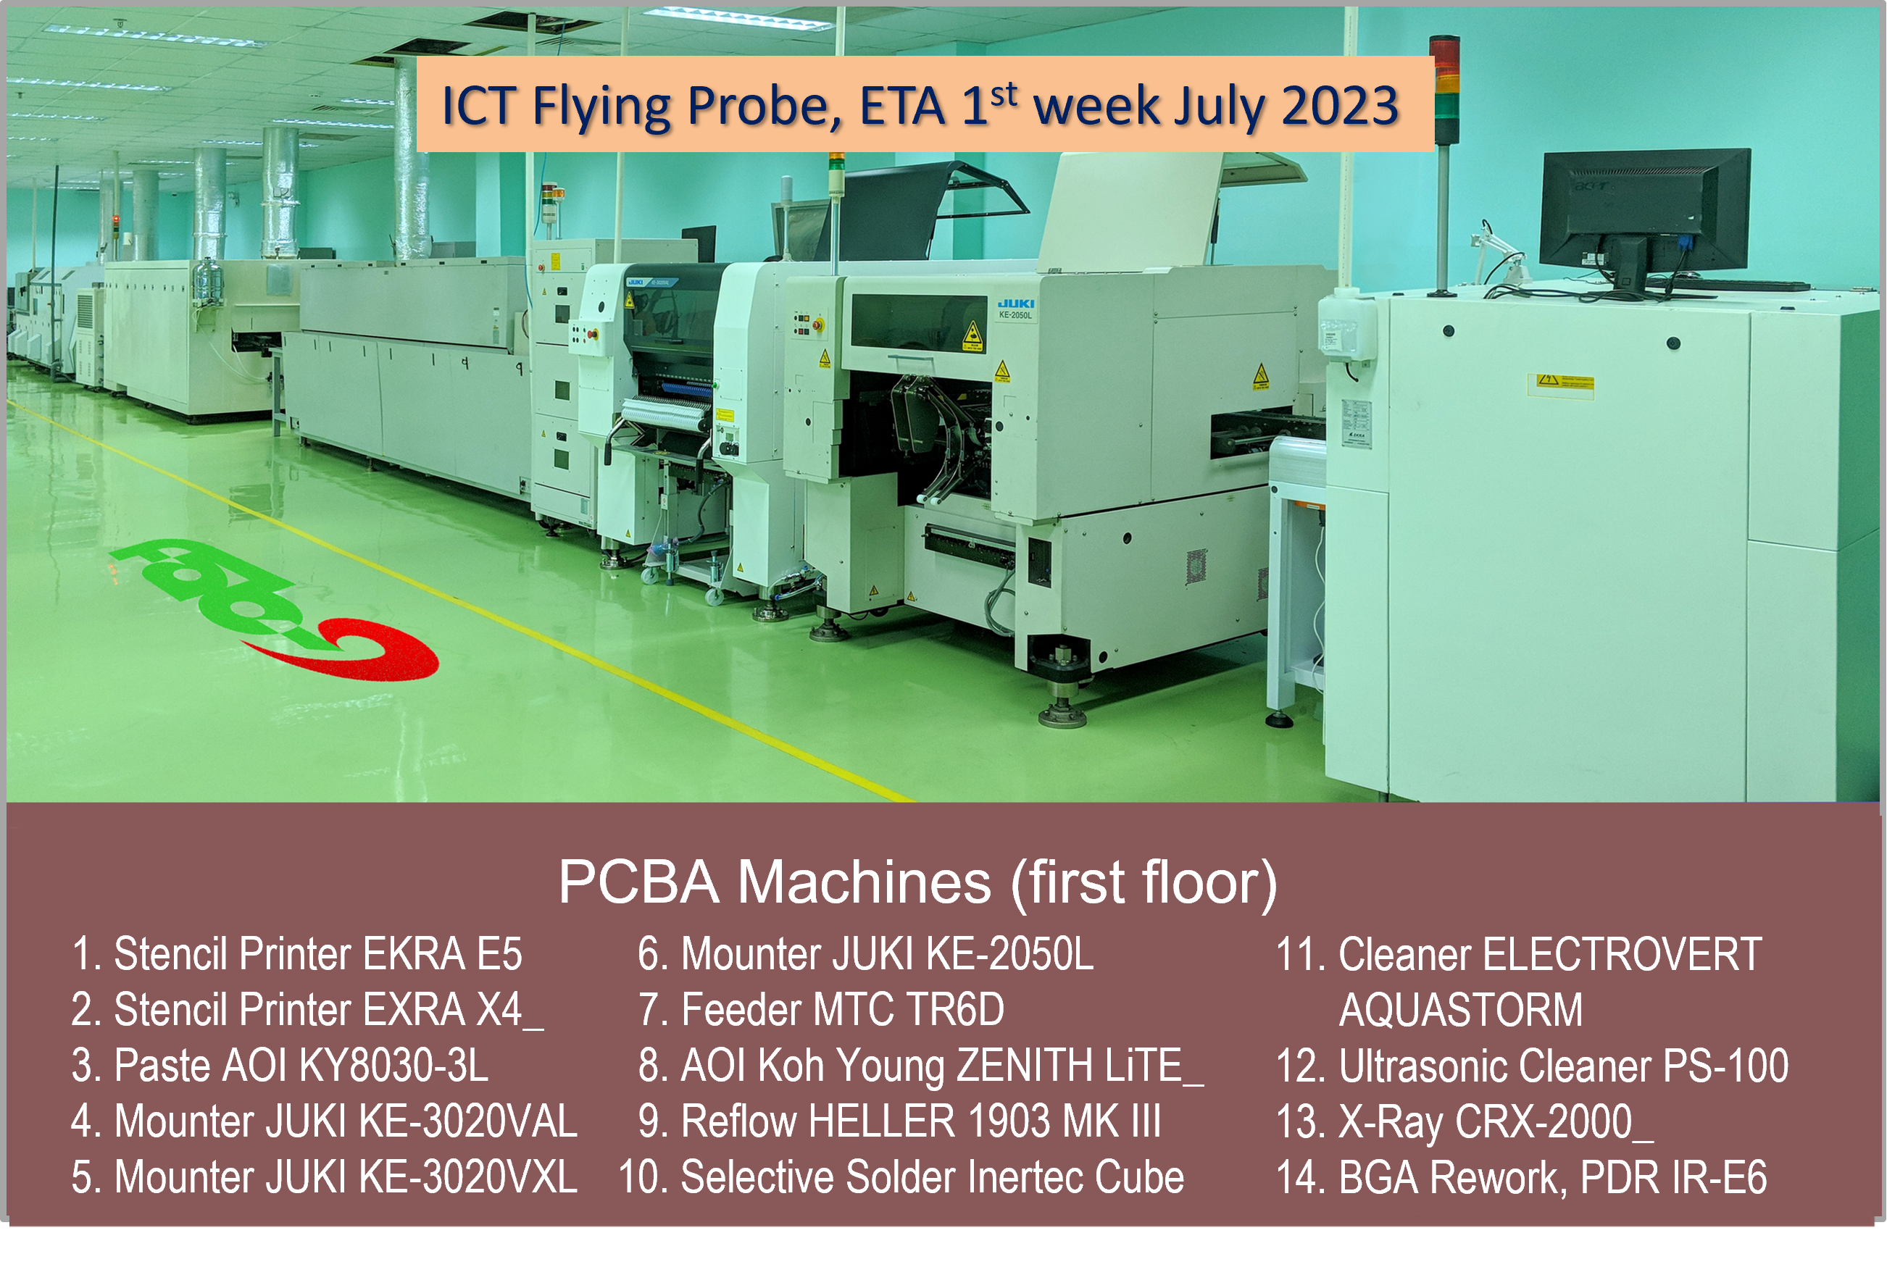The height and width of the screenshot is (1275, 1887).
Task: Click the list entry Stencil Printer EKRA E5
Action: pyautogui.click(x=296, y=953)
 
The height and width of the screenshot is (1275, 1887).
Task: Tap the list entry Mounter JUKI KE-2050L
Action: pyautogui.click(x=865, y=953)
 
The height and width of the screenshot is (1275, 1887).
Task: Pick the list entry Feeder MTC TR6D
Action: pyautogui.click(x=821, y=1010)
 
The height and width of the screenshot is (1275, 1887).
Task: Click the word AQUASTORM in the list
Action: pyautogui.click(x=1461, y=1010)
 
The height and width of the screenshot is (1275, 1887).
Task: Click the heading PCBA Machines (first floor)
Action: pyautogui.click(x=917, y=883)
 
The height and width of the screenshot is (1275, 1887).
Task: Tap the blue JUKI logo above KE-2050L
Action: pyautogui.click(x=1016, y=304)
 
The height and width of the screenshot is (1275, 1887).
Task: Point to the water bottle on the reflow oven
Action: pyautogui.click(x=208, y=284)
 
